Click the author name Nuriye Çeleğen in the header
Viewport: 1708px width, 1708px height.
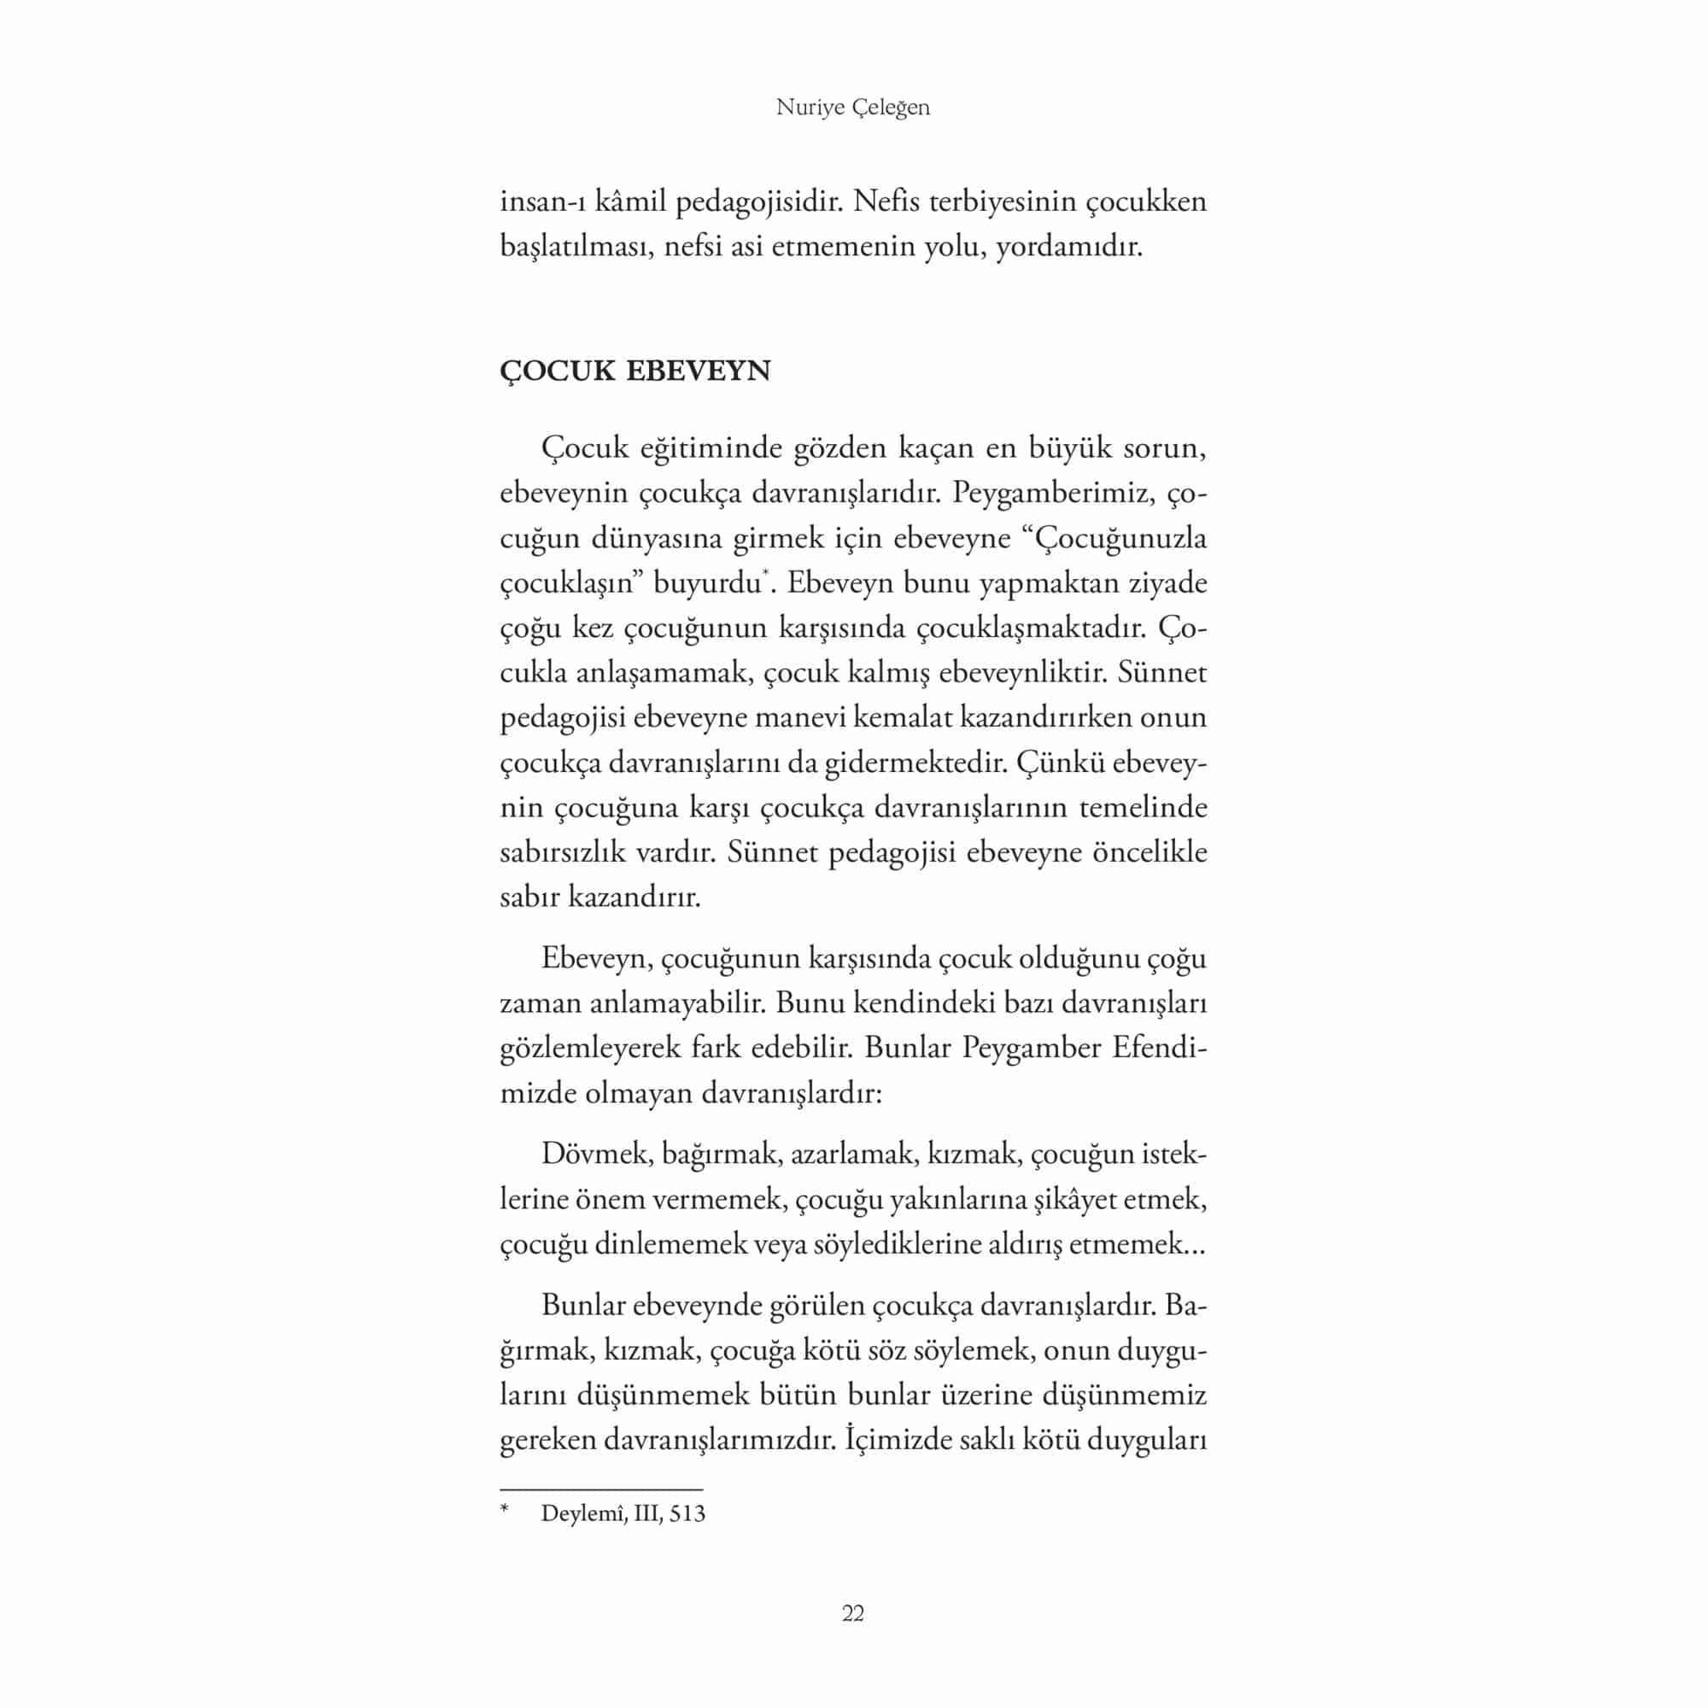[852, 108]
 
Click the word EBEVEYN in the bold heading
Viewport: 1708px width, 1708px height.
[698, 371]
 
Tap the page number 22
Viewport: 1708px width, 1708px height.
[852, 1613]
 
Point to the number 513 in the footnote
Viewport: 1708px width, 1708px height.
[687, 1513]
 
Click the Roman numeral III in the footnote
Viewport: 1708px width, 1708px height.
[646, 1513]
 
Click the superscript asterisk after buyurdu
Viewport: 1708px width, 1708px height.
[763, 576]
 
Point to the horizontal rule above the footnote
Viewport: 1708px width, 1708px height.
[601, 1489]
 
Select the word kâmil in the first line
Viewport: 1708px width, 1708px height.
[630, 202]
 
